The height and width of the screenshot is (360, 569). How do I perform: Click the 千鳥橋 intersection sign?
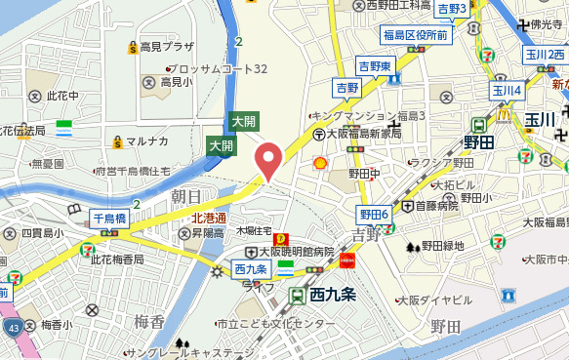tap(108, 219)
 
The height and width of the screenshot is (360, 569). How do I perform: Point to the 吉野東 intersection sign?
tap(374, 65)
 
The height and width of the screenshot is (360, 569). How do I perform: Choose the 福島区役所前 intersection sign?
tap(415, 35)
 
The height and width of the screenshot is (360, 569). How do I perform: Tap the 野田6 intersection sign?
tap(374, 214)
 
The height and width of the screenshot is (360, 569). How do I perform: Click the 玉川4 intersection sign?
tap(507, 91)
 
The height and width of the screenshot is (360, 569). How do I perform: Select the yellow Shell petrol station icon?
tap(319, 161)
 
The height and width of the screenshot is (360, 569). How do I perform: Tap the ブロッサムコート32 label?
tap(221, 69)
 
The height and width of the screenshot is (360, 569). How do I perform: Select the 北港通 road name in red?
tap(208, 218)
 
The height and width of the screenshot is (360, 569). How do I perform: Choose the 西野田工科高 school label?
tap(399, 6)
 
